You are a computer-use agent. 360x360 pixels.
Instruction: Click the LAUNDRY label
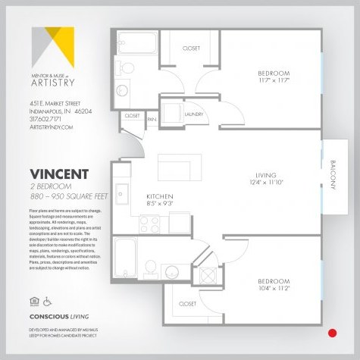point(194,114)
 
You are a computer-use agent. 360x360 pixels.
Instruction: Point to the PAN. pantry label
point(152,118)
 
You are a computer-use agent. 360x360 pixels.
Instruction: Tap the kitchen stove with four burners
point(149,224)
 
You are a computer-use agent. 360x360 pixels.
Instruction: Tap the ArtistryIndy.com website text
point(52,127)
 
